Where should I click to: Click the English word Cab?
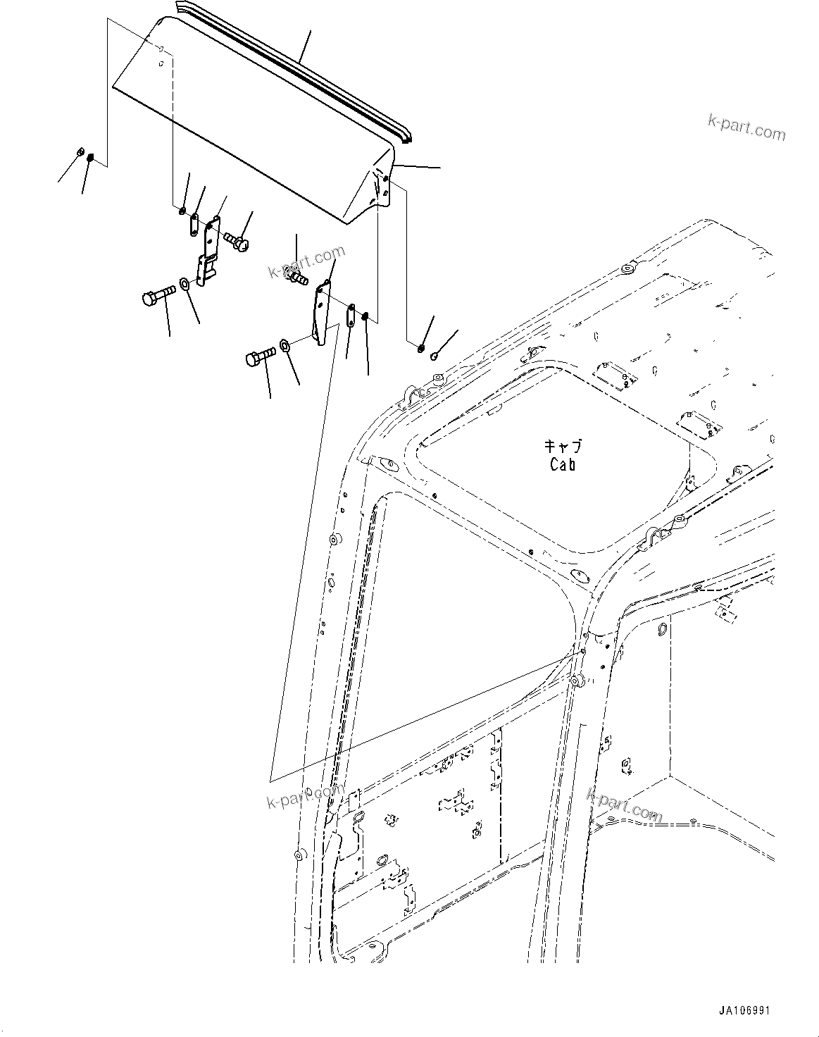click(562, 464)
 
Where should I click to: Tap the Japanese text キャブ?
click(562, 447)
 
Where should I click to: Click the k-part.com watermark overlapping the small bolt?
click(306, 262)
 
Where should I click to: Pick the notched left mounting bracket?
click(207, 252)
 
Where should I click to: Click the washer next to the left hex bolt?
click(184, 283)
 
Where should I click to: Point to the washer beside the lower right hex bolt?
click(286, 345)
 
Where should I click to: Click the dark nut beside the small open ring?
click(420, 344)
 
